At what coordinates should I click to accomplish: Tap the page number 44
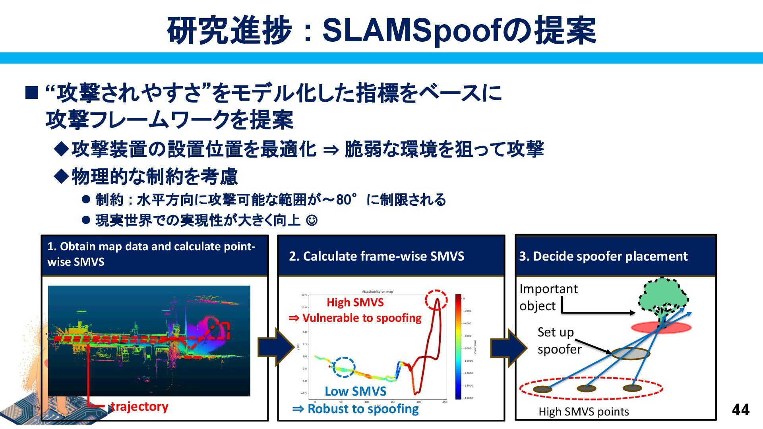click(740, 410)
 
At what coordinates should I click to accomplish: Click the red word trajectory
click(139, 407)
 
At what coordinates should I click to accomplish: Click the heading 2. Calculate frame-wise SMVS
click(376, 256)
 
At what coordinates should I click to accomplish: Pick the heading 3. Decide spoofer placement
click(603, 256)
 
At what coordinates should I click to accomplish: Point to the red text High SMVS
click(355, 303)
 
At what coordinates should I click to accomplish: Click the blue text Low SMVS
click(355, 391)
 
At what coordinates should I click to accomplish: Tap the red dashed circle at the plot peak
click(436, 300)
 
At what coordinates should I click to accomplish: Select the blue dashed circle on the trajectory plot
click(344, 367)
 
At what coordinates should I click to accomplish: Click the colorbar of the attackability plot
click(458, 346)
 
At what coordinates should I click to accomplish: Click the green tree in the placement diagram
click(663, 298)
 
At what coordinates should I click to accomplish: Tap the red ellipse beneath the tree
click(661, 328)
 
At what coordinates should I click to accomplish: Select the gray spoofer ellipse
click(630, 353)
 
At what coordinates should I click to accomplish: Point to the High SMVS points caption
click(583, 412)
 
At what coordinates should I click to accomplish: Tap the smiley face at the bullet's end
click(312, 220)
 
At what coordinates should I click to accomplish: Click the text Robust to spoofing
click(362, 409)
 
